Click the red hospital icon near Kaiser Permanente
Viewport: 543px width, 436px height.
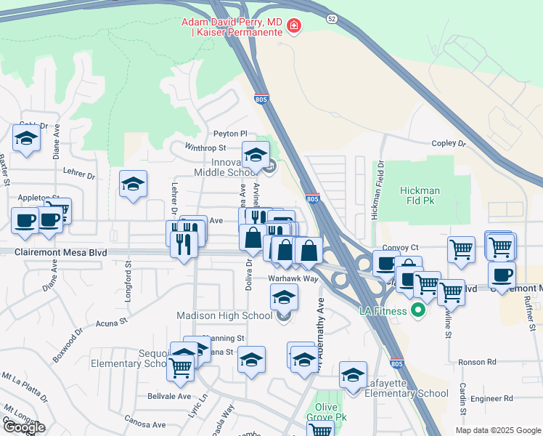point(294,27)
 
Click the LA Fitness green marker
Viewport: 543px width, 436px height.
point(417,312)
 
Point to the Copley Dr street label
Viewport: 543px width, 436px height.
point(447,144)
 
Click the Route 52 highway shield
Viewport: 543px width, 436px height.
point(331,17)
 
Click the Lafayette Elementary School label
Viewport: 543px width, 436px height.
point(409,393)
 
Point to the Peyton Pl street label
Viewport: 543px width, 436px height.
point(230,134)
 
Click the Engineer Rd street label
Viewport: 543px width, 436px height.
point(491,398)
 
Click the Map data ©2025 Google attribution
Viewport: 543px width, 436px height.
point(498,430)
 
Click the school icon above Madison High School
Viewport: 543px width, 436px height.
point(284,296)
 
